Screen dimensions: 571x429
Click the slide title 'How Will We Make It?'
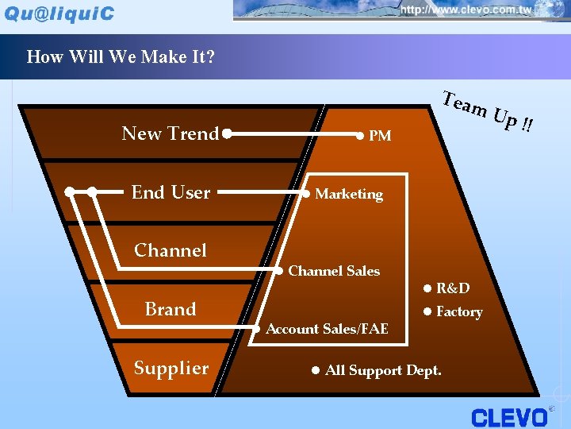pos(121,57)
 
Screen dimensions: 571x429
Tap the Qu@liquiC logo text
pos(60,14)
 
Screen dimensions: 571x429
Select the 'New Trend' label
pos(170,133)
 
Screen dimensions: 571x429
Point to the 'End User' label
pos(171,192)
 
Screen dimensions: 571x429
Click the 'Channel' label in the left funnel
pos(171,250)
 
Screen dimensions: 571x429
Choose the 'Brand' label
pos(171,309)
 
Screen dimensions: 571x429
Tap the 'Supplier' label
pos(171,368)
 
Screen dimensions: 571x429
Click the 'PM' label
pos(380,136)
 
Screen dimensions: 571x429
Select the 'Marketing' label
pos(349,194)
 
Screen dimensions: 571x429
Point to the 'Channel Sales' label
pos(334,271)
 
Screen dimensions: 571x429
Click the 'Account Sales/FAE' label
pos(327,329)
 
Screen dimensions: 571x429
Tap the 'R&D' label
pos(453,288)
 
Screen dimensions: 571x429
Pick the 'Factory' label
pos(459,312)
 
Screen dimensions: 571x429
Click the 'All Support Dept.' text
pos(383,370)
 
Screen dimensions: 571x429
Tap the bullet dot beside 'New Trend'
pos(227,133)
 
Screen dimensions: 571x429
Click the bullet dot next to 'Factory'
pos(427,311)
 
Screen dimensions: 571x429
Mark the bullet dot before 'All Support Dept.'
pos(315,370)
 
